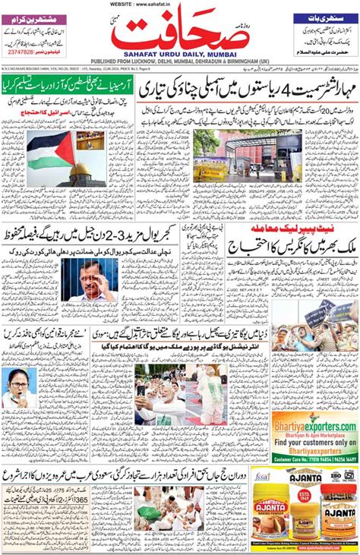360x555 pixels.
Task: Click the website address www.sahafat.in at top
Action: coord(180,4)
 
